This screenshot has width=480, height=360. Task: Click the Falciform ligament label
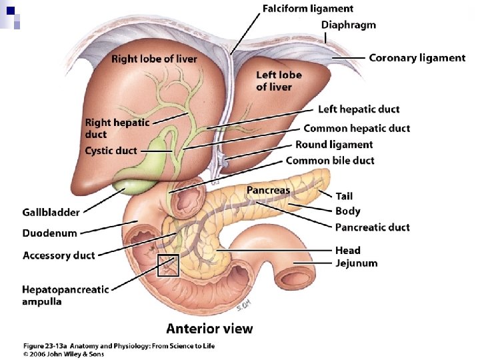pyautogui.click(x=307, y=9)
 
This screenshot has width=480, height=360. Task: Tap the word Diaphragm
pyautogui.click(x=348, y=25)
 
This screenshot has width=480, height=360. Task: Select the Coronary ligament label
pyautogui.click(x=417, y=57)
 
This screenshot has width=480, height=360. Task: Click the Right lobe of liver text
pyautogui.click(x=154, y=59)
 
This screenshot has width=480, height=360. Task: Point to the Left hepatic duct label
pyautogui.click(x=359, y=109)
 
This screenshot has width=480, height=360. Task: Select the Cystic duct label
pyautogui.click(x=111, y=151)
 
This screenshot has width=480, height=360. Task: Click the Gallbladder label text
pyautogui.click(x=51, y=212)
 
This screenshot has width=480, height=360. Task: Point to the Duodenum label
pyautogui.click(x=50, y=233)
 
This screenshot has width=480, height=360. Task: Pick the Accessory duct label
pyautogui.click(x=59, y=255)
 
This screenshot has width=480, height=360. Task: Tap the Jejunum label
pyautogui.click(x=356, y=263)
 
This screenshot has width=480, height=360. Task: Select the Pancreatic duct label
pyautogui.click(x=372, y=227)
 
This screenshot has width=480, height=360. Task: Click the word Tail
pyautogui.click(x=344, y=196)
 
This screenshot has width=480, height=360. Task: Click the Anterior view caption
pyautogui.click(x=209, y=328)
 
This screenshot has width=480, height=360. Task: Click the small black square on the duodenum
pyautogui.click(x=168, y=265)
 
